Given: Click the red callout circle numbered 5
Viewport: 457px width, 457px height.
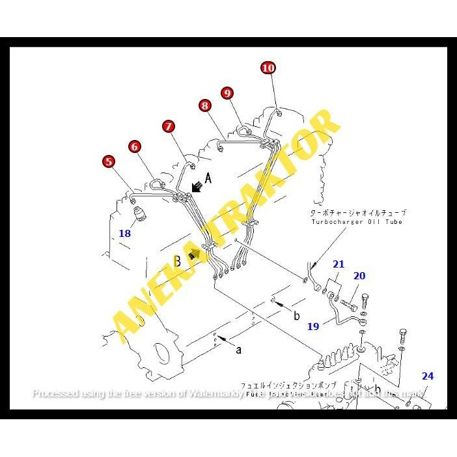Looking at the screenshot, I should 109,161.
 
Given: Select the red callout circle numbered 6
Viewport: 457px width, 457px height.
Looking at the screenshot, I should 134,146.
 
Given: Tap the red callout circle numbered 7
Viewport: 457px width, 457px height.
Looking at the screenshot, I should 169,126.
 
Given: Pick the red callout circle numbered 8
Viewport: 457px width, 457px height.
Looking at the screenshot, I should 205,105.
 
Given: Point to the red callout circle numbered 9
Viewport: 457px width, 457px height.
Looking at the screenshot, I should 227,93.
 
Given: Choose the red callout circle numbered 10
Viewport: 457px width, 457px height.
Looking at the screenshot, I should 268,68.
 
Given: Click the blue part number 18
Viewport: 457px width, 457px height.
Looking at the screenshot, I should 124,232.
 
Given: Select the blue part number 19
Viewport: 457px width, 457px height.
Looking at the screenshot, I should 313,326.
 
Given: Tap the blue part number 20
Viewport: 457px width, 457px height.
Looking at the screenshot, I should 359,276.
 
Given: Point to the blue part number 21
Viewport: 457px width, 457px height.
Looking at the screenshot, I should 339,264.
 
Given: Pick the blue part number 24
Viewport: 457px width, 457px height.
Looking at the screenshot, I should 427,376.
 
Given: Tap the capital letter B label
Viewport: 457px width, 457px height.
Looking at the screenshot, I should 177,261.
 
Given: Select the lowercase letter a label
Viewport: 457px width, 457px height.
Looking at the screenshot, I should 239,350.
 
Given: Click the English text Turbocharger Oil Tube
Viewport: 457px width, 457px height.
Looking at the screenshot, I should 357,222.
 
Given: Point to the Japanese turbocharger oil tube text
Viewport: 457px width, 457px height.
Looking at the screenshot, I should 359,213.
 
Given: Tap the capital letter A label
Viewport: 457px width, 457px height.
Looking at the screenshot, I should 209,177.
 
